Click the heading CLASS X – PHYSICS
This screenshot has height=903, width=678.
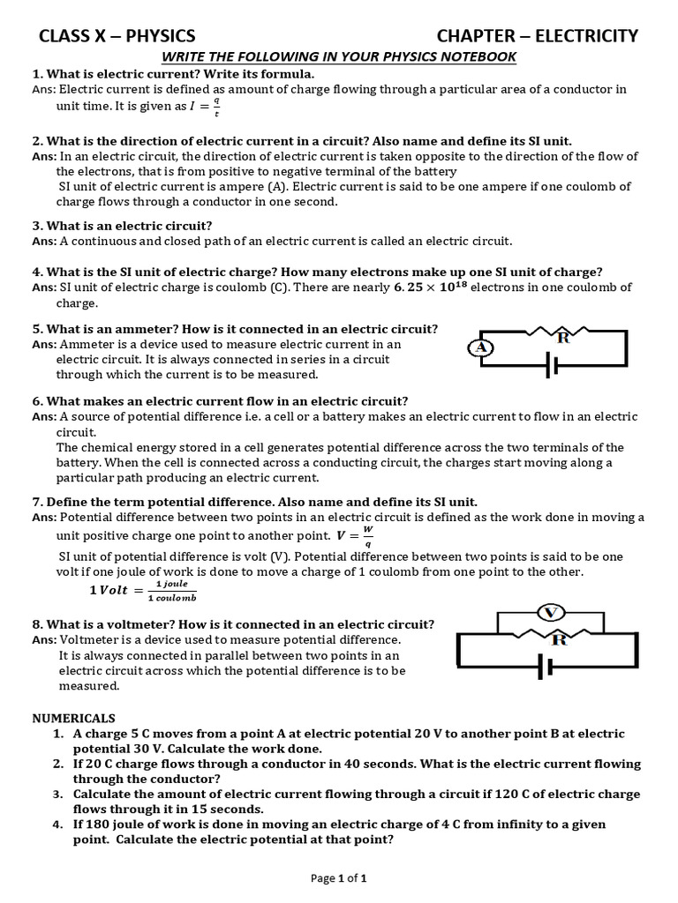pos(117,35)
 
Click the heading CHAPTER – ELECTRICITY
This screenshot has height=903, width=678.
pos(538,35)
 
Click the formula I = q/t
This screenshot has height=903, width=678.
pos(206,107)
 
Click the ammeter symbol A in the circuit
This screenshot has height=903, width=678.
pos(480,347)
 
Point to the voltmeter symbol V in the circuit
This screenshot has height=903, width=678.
pos(550,613)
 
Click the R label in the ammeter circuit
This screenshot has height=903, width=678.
pos(562,337)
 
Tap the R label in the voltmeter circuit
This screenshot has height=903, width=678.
pos(558,639)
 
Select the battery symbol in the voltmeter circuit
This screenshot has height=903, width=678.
pos(546,668)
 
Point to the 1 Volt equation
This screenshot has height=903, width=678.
pos(142,590)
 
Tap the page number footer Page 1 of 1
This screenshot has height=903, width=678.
pos(338,877)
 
